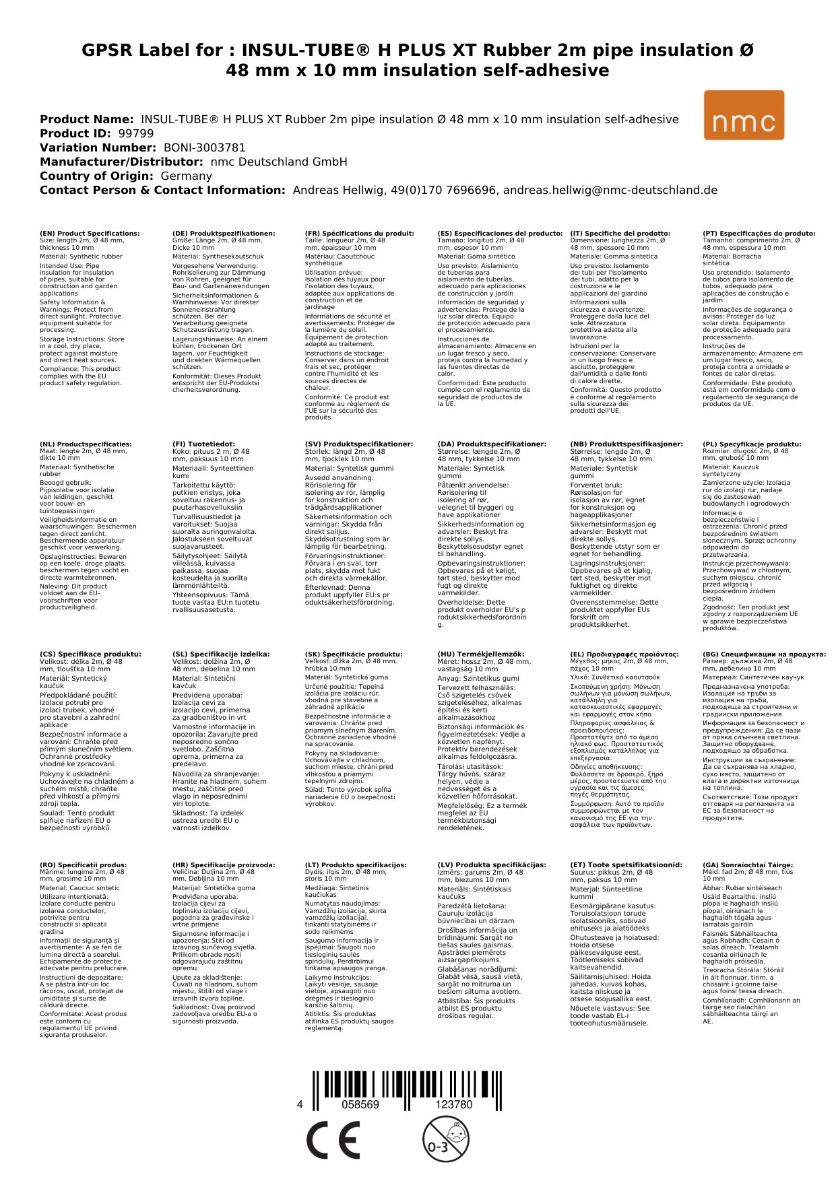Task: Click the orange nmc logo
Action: tap(744, 115)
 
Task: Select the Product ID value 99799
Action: tap(135, 133)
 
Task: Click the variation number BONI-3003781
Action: tap(204, 147)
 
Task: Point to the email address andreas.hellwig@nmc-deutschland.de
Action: tap(610, 190)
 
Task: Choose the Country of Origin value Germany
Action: tap(186, 176)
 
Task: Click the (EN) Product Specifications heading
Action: tap(90, 234)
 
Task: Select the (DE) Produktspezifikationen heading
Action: tap(224, 234)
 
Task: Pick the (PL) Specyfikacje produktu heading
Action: tap(752, 444)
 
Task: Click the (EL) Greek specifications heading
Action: tap(624, 654)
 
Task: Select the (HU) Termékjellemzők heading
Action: tap(480, 654)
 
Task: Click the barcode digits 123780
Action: tap(454, 1105)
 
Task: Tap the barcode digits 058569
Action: tap(360, 1105)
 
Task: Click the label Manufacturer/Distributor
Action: tap(121, 162)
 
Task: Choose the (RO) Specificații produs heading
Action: tap(83, 865)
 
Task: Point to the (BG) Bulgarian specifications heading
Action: tap(764, 654)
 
